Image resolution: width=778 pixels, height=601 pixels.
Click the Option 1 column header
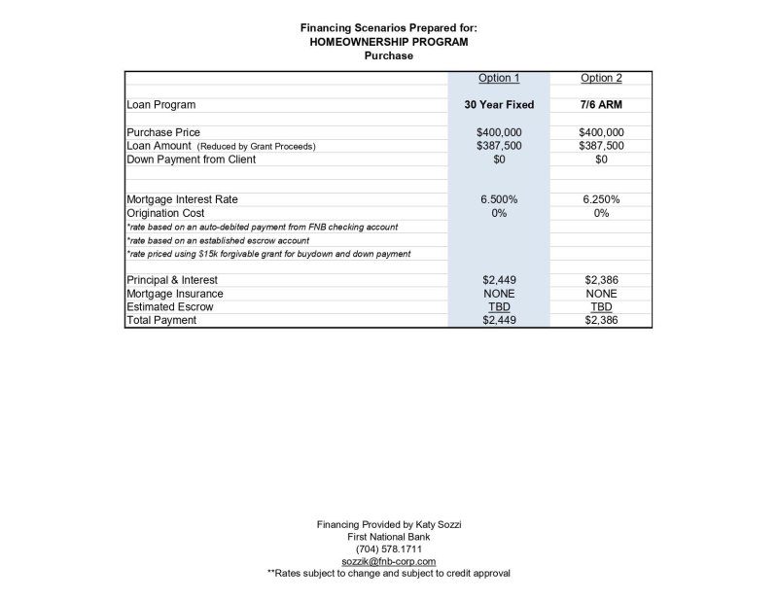pyautogui.click(x=499, y=78)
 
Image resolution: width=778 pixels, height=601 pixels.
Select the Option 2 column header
pyautogui.click(x=601, y=78)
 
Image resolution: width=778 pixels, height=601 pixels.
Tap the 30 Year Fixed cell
pyautogui.click(x=499, y=105)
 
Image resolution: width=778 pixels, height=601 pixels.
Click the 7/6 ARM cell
pyautogui.click(x=601, y=105)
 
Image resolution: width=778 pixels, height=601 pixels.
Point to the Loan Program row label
pyautogui.click(x=161, y=105)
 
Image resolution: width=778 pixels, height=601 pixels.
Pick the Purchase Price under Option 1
pyautogui.click(x=499, y=132)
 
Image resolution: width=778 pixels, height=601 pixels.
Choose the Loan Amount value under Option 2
pyautogui.click(x=601, y=146)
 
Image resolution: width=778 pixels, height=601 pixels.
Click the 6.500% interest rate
pyautogui.click(x=499, y=199)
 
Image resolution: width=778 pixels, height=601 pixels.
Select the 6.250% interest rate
pyautogui.click(x=601, y=199)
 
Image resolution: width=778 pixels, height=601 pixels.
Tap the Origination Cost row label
pyautogui.click(x=165, y=213)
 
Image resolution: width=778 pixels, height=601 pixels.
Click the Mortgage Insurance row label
pyautogui.click(x=175, y=293)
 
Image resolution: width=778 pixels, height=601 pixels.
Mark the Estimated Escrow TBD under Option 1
pyautogui.click(x=499, y=306)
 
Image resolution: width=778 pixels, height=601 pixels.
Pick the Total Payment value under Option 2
pyautogui.click(x=601, y=320)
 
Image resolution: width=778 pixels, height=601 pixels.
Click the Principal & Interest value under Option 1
pyautogui.click(x=499, y=280)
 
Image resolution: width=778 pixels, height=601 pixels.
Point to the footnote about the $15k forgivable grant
pyautogui.click(x=268, y=254)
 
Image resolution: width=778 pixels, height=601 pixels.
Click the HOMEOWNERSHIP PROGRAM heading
pyautogui.click(x=389, y=42)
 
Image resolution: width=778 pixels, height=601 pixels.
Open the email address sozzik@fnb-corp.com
pyautogui.click(x=389, y=561)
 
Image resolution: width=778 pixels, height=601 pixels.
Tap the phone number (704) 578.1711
pyautogui.click(x=389, y=548)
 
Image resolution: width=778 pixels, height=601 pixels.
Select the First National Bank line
pyautogui.click(x=389, y=537)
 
